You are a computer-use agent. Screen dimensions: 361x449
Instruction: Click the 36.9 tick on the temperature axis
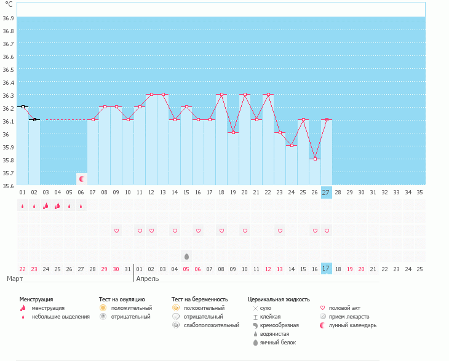coord(9,18)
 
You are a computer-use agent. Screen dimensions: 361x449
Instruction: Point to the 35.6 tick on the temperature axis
coord(9,185)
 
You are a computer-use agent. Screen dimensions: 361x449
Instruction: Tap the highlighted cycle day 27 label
coord(326,192)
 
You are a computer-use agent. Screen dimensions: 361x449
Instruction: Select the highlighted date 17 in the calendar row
coord(326,268)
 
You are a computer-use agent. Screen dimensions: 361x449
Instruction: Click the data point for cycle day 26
coord(314,159)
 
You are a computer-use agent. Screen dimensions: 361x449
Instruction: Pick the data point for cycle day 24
coord(291,145)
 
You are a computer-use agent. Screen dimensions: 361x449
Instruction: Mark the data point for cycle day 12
coord(151,95)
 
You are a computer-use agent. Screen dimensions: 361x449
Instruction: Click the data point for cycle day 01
coord(23,106)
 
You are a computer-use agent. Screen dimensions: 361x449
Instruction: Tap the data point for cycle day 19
coord(233,132)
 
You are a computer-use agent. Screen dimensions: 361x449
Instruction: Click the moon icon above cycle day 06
coord(81,178)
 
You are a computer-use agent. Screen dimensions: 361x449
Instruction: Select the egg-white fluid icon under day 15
coord(186,255)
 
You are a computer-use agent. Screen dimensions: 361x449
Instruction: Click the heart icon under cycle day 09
coord(116,231)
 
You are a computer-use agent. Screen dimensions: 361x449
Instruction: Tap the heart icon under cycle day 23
coord(280,231)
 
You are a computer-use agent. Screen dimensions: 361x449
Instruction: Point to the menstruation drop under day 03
coord(46,206)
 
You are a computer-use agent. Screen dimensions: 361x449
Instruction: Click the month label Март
coord(15,279)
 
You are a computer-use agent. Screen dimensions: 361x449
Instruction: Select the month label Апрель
coord(148,279)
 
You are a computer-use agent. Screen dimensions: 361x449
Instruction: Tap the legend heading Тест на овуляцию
coord(122,299)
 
